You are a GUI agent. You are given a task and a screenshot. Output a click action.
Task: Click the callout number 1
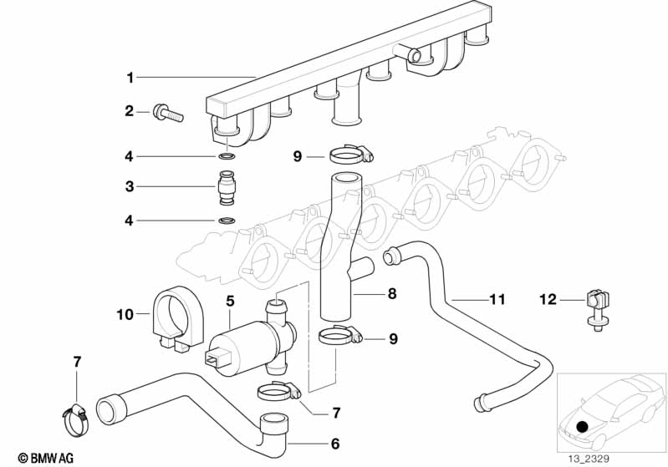click(130, 78)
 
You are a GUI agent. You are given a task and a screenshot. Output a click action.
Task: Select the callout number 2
click(130, 110)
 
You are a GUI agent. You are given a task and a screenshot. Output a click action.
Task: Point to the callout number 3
click(130, 187)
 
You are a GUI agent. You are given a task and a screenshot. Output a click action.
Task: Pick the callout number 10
click(125, 314)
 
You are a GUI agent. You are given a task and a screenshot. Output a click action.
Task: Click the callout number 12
click(548, 298)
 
